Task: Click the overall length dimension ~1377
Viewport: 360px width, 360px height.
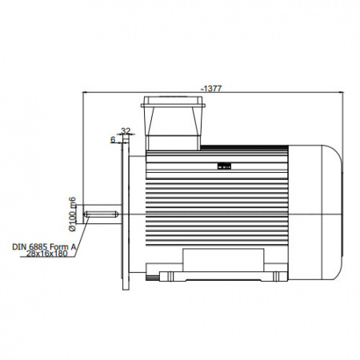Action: tap(212, 88)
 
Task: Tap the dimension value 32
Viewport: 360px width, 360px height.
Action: tap(126, 131)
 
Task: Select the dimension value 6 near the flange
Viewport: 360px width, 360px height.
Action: tap(113, 139)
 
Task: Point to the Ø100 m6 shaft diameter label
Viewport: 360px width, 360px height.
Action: tap(72, 214)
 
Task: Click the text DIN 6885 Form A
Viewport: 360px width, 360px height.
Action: tap(45, 246)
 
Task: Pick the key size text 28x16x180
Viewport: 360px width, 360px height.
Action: tap(47, 254)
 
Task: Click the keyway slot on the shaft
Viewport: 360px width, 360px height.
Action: tap(101, 214)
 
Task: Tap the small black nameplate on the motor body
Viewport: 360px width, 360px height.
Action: tap(224, 166)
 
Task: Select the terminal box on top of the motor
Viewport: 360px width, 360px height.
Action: tap(173, 123)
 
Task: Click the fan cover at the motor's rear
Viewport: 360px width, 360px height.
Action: tap(315, 213)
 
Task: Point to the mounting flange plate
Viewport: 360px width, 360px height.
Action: tap(126, 212)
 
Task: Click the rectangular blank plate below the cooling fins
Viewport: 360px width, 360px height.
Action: tap(223, 260)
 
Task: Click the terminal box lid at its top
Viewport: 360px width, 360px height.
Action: tap(173, 102)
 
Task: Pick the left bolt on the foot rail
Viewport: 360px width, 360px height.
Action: tap(170, 276)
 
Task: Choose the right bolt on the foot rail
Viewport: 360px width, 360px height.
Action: tap(276, 276)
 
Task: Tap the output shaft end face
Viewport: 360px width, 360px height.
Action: tap(83, 214)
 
